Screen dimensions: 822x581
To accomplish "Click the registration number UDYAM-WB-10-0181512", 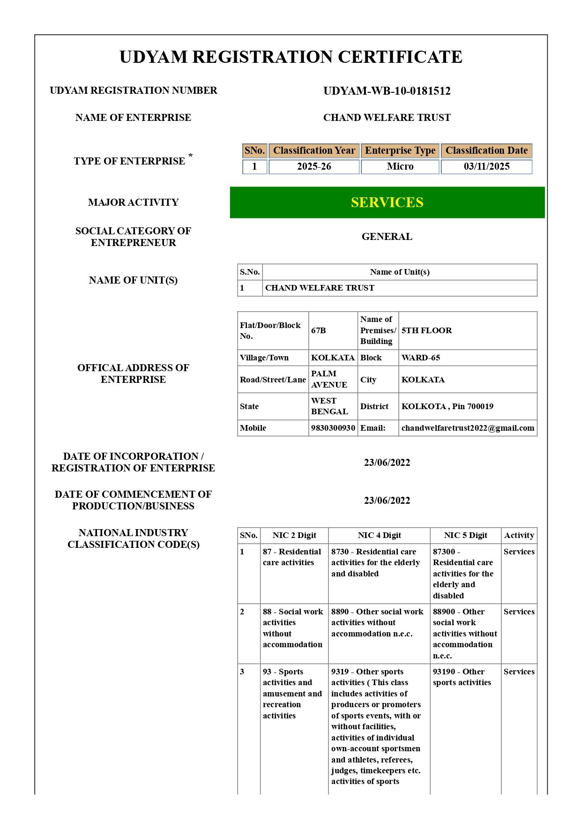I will tap(387, 91).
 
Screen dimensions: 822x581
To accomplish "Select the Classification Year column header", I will tap(314, 150).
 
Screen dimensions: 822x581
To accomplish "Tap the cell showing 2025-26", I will tap(314, 166).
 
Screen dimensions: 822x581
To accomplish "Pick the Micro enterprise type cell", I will tap(400, 166).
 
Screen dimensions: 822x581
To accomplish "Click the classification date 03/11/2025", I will tap(486, 166).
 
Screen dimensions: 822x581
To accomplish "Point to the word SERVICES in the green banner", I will tap(387, 202).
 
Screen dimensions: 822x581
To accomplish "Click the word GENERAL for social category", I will tap(387, 237).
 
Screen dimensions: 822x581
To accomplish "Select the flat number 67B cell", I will tap(319, 330).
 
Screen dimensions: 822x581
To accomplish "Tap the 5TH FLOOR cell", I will tap(426, 330).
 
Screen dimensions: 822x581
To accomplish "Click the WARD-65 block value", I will tap(421, 358).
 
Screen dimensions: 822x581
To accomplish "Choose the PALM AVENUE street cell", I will tap(329, 379).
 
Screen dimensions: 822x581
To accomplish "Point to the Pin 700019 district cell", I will tap(447, 406).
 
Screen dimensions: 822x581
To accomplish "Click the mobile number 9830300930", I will tap(333, 428).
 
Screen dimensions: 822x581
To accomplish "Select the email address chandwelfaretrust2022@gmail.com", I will tap(468, 428).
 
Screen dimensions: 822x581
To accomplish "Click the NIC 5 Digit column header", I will tap(465, 535).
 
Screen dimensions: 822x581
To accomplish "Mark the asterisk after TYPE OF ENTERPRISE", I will tap(190, 156).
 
